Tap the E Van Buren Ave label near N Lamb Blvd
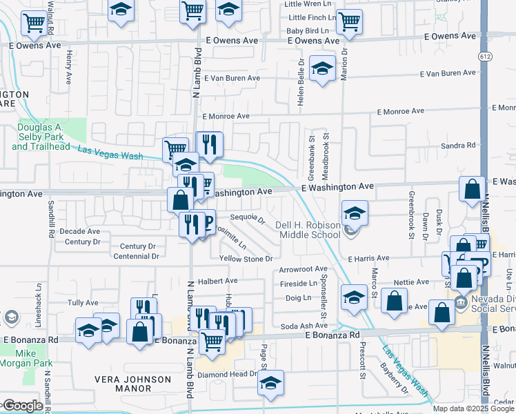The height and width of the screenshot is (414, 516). (230, 79)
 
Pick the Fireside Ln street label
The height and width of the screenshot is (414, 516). (298, 284)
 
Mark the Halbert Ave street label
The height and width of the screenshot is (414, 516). (217, 281)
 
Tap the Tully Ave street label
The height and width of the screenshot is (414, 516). (83, 303)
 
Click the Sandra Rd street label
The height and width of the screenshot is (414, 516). (458, 146)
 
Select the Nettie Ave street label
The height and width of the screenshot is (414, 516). (412, 282)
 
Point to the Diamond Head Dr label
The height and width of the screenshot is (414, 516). (227, 374)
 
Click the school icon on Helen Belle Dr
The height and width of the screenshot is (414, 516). (321, 68)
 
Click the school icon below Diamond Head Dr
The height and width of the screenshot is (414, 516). (271, 382)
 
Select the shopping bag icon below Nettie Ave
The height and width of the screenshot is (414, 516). (393, 302)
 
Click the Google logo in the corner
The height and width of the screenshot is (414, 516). (22, 405)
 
